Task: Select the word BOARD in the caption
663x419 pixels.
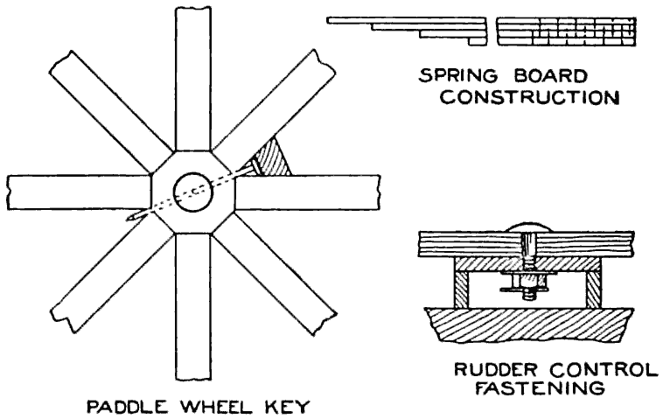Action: (534, 76)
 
